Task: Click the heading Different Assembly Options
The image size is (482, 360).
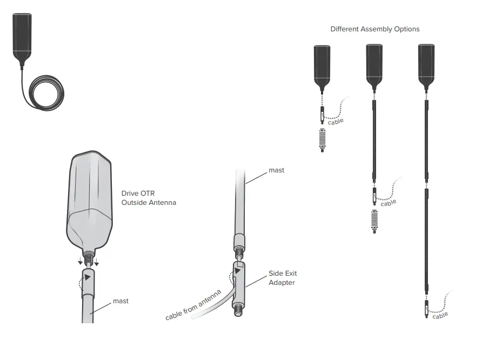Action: [x=374, y=29]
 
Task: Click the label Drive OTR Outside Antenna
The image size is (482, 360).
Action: [x=149, y=198]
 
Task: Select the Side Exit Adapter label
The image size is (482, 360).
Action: [x=283, y=278]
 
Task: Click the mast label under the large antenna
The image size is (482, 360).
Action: [x=120, y=301]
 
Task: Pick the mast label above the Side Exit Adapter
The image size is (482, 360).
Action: [x=276, y=170]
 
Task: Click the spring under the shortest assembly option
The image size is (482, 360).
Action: [x=323, y=139]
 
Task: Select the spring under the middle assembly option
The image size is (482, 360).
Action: [x=374, y=221]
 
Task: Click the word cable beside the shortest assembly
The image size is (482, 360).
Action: [x=336, y=122]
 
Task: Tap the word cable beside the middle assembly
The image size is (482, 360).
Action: [x=388, y=203]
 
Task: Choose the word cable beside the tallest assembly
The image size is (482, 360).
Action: [x=440, y=315]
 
